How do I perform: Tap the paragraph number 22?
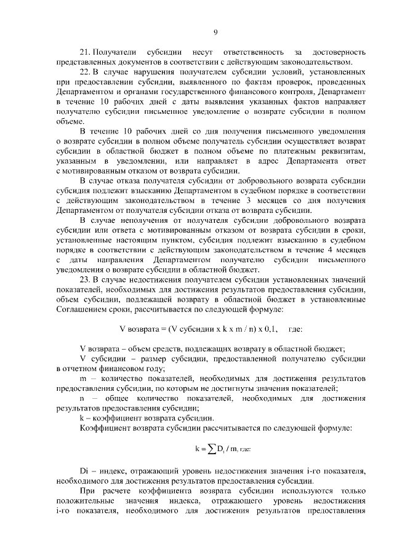(86, 72)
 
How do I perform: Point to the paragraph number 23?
(86, 280)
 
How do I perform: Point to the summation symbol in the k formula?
(210, 449)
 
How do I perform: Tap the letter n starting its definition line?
(83, 399)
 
